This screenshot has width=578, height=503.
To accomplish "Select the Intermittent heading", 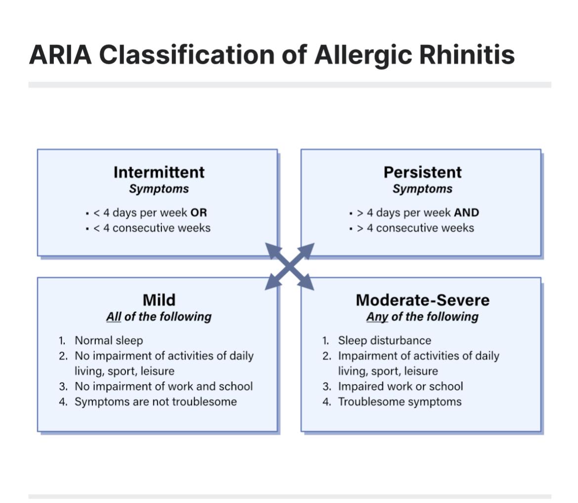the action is pos(159,172).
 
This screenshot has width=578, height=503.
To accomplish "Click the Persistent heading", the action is pos(422,172).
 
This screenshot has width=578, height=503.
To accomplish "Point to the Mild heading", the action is pos(159,300).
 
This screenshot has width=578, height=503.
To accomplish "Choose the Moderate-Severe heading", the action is pos(422,300).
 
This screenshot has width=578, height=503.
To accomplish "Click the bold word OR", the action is pos(199,213).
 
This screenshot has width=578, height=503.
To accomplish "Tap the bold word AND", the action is pos(466,213).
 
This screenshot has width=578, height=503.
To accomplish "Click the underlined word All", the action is pos(114,317).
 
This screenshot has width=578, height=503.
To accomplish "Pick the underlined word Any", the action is pos(377,317).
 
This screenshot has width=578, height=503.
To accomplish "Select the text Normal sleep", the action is pos(109,340).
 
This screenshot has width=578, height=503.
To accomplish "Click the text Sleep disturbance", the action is pos(384,340).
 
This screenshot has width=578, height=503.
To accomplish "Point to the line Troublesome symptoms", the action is pos(400,402).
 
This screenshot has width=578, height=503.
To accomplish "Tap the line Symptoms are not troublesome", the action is pos(156,402).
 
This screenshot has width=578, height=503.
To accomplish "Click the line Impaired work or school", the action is pos(400,386).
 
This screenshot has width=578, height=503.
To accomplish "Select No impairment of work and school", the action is pos(164,386).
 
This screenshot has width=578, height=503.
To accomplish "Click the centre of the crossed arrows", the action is pos(289,267).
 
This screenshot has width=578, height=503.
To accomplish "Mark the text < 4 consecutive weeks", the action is pos(152,228).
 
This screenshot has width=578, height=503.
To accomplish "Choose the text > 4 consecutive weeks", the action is pos(415,228).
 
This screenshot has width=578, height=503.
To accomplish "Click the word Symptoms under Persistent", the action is pos(422,189).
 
